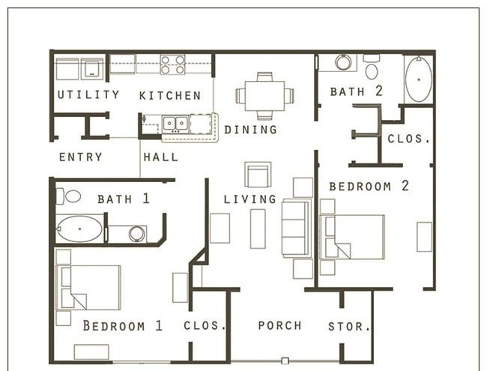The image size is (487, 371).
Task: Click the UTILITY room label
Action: click(x=88, y=94)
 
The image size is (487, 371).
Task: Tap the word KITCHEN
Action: click(x=170, y=95)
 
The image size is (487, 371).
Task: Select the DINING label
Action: click(x=250, y=130)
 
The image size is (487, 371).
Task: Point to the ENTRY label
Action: click(x=81, y=157)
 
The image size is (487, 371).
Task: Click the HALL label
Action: click(x=161, y=157)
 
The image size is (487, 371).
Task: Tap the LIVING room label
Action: click(x=250, y=199)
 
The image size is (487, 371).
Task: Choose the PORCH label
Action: click(x=280, y=325)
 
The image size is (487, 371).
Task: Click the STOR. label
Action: click(x=349, y=326)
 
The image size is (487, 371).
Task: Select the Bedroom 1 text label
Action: click(x=123, y=325)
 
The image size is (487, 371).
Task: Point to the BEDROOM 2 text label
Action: click(x=369, y=186)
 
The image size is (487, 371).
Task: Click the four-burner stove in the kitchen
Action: click(x=172, y=64)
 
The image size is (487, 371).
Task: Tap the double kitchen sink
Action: click(x=175, y=124)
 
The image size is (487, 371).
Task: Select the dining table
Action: click(x=264, y=96)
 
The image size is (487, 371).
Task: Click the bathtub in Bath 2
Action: click(x=419, y=79)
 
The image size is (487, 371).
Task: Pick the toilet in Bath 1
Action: click(x=69, y=196)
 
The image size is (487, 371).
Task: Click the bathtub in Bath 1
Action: click(x=80, y=229)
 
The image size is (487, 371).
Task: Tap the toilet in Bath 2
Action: click(x=372, y=67)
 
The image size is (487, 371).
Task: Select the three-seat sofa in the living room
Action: click(x=296, y=229)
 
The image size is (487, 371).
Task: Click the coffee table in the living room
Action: click(x=258, y=229)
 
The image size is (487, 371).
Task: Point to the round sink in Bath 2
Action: click(x=343, y=62)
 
